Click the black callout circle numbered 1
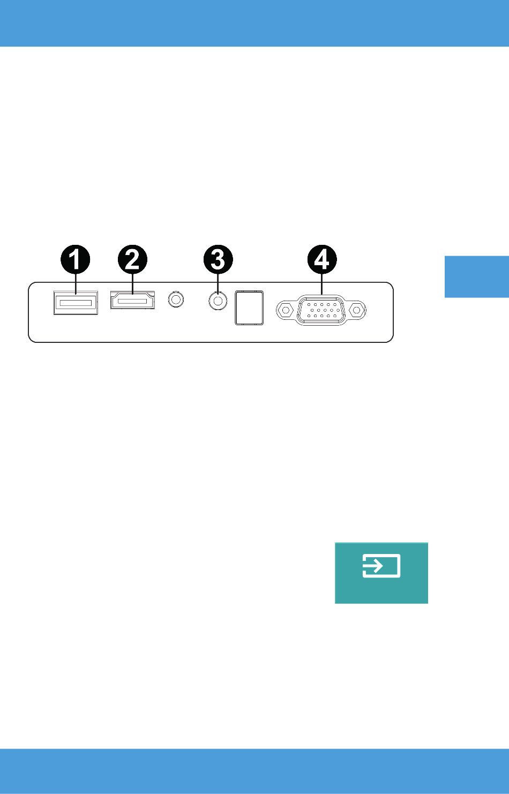click(x=76, y=259)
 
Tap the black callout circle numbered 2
click(x=132, y=259)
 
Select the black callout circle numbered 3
click(x=218, y=259)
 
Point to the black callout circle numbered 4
click(x=322, y=259)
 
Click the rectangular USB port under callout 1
click(x=76, y=303)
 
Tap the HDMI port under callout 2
click(x=132, y=300)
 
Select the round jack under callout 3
click(x=218, y=301)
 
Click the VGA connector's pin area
click(x=321, y=310)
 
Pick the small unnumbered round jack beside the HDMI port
click(x=176, y=299)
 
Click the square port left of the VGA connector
click(x=249, y=308)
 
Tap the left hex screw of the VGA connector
click(x=286, y=310)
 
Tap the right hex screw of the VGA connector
click(x=357, y=310)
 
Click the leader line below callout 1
click(x=76, y=284)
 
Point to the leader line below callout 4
click(x=322, y=284)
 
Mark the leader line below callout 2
click(x=132, y=284)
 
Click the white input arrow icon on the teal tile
click(x=381, y=566)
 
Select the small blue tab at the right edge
click(x=477, y=277)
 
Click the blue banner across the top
click(x=254, y=24)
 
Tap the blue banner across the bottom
click(x=254, y=771)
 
